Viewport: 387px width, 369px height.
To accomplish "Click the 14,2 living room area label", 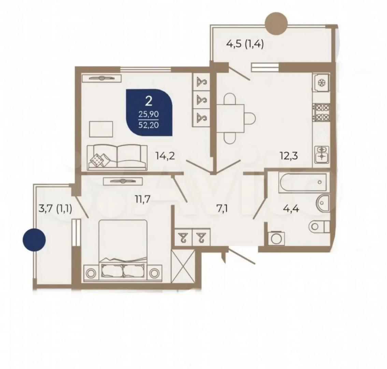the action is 165,156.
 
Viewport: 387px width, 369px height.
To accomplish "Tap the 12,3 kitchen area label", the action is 289,156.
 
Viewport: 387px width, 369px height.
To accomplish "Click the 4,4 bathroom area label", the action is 291,209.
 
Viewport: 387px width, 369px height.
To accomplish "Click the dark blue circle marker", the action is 34,240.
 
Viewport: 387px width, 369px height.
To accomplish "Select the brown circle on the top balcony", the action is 276,24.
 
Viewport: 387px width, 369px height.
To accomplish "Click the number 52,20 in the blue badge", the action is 148,125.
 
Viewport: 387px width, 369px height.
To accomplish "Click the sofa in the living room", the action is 117,158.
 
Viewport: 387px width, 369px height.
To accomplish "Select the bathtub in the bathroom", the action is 304,183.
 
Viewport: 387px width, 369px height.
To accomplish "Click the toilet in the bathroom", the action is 319,227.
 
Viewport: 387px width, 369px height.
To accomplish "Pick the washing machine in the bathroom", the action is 276,238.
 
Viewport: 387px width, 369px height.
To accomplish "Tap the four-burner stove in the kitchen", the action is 321,112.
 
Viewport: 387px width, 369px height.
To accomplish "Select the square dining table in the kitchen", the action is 230,118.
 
